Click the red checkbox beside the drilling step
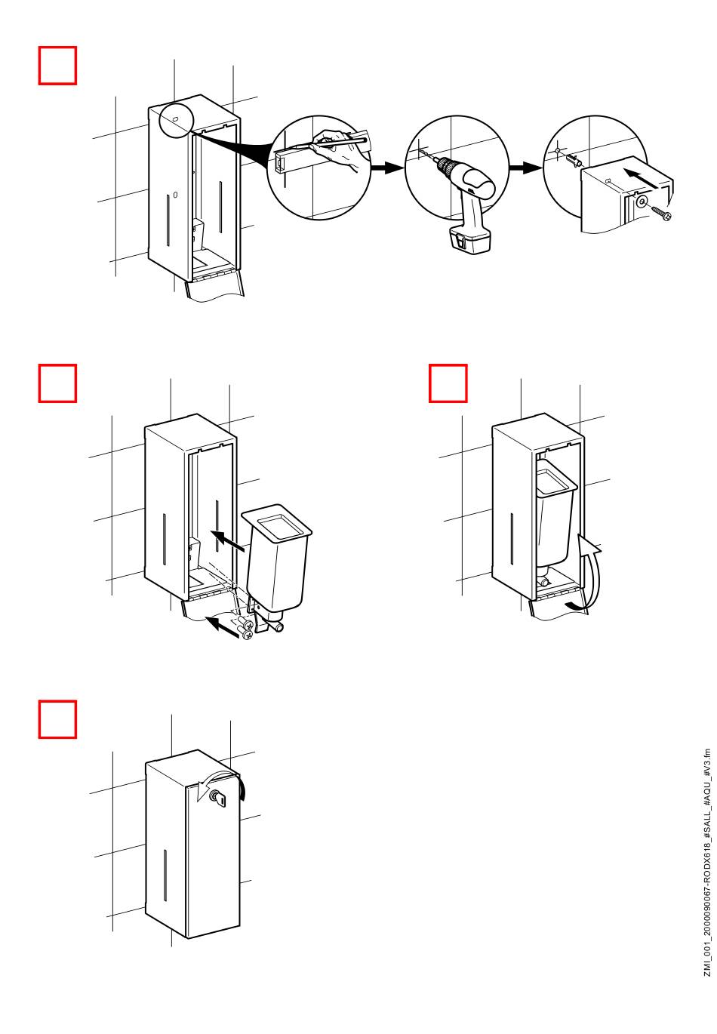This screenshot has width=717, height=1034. [57, 66]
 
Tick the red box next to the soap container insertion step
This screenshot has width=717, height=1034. [57, 383]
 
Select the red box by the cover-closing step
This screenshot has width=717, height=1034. [448, 383]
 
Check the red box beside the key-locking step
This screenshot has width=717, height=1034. [57, 719]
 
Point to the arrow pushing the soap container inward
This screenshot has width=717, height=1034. [231, 543]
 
